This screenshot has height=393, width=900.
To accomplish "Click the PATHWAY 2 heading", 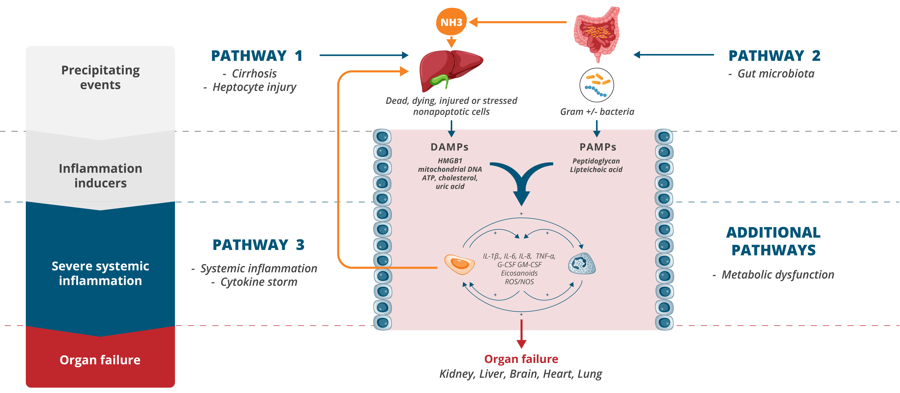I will point(774,56).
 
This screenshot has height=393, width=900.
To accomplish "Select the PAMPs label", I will point(598,147).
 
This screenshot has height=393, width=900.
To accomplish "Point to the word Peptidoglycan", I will point(596,161).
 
